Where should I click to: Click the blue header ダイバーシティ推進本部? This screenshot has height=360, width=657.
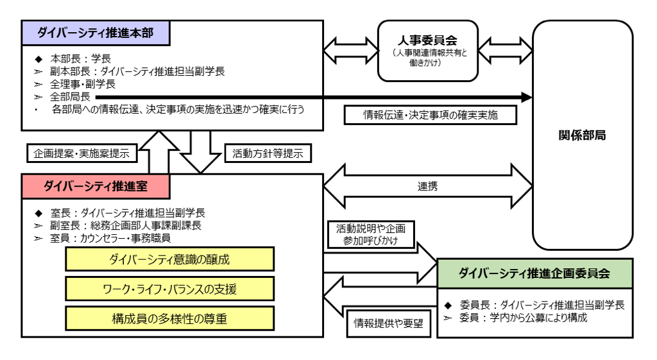(95, 33)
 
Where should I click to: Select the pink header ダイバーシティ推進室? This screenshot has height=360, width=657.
(95, 186)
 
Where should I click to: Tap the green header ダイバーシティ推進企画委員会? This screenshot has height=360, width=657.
(534, 273)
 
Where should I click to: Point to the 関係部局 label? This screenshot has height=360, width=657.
(582, 135)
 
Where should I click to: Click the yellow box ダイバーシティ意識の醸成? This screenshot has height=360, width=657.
(169, 259)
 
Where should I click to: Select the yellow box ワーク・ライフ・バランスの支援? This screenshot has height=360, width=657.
(169, 289)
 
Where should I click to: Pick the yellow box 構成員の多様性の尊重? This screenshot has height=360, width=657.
(169, 318)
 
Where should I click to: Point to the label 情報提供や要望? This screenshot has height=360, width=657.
(388, 323)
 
